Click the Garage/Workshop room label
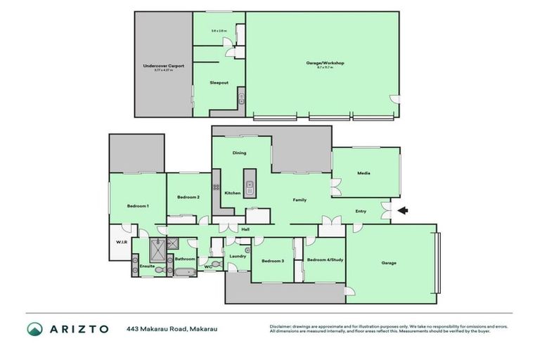[x=325, y=63]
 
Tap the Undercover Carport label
[x=163, y=66]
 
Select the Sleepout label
[x=219, y=83]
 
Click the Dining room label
[x=239, y=153]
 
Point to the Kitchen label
[x=232, y=193]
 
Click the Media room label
[x=364, y=173]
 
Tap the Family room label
[x=300, y=200]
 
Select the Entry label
[x=361, y=211]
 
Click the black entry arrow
[x=403, y=210]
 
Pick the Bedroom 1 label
[x=137, y=205]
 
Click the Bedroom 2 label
[x=188, y=197]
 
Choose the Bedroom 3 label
[x=272, y=261]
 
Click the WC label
[x=208, y=266]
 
